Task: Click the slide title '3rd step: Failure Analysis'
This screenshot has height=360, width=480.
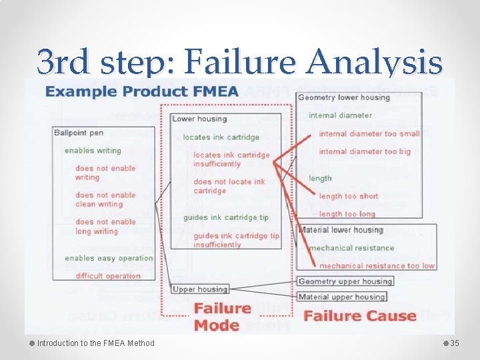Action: (x=239, y=62)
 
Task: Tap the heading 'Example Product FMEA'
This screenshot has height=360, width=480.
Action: (x=141, y=91)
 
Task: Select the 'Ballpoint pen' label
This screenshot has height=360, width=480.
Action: (x=79, y=133)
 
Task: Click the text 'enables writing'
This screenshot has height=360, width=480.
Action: (x=93, y=151)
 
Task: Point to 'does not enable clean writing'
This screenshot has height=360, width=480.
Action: (x=105, y=200)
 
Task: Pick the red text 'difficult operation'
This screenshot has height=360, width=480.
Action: (x=108, y=276)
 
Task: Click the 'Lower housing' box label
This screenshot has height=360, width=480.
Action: (x=199, y=119)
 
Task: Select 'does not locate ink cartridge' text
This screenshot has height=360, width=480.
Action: (x=229, y=186)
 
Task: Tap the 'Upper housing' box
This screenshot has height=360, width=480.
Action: (x=200, y=289)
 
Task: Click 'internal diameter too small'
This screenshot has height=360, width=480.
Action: (x=369, y=133)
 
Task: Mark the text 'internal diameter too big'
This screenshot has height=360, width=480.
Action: (x=365, y=151)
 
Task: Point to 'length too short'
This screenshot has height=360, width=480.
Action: (x=348, y=196)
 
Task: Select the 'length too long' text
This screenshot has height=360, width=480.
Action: (x=347, y=214)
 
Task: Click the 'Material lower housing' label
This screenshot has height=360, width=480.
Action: (x=341, y=230)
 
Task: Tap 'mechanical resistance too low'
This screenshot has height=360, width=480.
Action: (x=372, y=266)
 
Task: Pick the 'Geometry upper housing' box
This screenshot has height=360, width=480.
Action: (x=344, y=281)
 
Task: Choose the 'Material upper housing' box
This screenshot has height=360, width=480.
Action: (x=341, y=297)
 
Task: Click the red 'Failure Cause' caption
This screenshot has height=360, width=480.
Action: (x=360, y=316)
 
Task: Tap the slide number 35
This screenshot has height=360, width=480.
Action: (x=455, y=343)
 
